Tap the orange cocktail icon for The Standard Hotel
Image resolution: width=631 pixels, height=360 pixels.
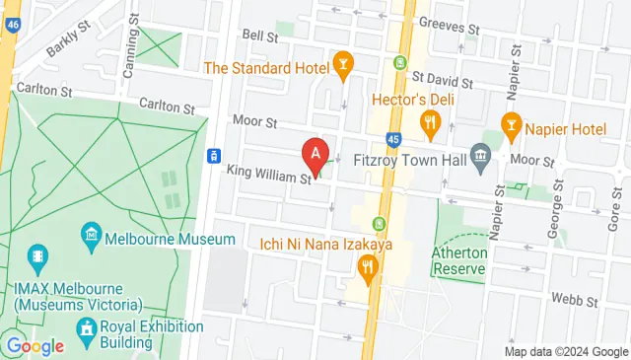tap(343, 67)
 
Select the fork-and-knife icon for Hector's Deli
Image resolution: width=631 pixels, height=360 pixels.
tap(429, 123)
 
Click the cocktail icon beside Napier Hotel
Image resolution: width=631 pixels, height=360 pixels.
tap(511, 123)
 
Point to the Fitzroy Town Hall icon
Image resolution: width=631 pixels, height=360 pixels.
tap(480, 155)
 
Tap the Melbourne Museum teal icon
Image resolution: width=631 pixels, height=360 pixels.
tap(91, 236)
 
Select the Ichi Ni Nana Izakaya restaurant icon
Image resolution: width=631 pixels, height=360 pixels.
tap(368, 265)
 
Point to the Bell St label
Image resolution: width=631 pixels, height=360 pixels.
tap(259, 36)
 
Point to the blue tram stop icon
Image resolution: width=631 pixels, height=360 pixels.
tap(212, 156)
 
